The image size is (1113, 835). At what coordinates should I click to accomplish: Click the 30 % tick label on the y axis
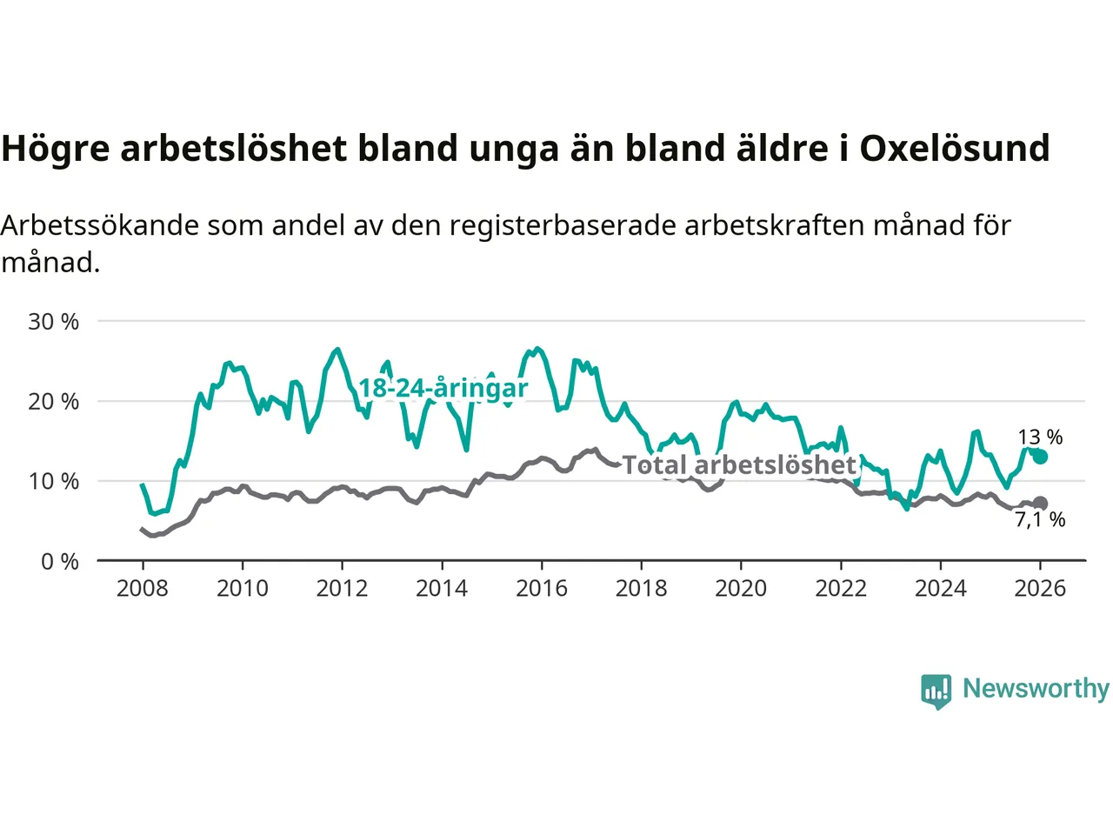[53, 322]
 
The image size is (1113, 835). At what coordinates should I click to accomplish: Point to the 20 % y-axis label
[53, 402]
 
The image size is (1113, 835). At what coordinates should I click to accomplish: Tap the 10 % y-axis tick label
[53, 482]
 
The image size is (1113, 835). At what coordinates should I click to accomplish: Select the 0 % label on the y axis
[59, 562]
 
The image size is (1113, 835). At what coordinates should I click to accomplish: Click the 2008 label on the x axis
[143, 589]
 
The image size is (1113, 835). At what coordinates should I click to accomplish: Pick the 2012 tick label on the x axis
[342, 589]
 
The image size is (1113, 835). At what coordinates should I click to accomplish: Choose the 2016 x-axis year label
[542, 589]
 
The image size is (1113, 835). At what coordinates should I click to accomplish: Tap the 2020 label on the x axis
[741, 589]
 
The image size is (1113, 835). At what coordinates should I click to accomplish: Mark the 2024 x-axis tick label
[941, 589]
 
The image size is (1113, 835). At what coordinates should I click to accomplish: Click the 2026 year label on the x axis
[1040, 589]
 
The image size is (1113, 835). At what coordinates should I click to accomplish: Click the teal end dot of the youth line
[1040, 457]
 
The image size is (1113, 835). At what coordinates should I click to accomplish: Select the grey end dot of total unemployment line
[1040, 504]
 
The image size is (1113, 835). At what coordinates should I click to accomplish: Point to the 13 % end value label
[1040, 438]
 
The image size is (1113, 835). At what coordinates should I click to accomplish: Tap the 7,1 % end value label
[1040, 520]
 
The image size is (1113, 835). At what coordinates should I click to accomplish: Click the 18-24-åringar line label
[443, 388]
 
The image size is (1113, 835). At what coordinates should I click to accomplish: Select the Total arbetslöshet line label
[740, 465]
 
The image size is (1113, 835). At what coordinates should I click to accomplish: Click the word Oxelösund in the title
[954, 149]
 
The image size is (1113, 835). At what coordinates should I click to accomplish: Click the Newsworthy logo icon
[936, 691]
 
